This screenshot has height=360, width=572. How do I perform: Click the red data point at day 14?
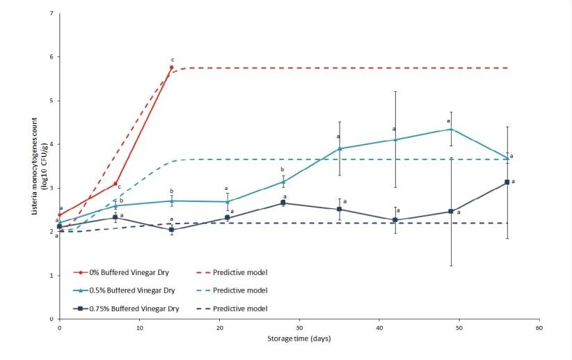pos(171,68)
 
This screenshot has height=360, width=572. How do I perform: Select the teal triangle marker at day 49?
pos(451,129)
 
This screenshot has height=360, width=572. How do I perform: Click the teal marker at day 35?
pos(339,148)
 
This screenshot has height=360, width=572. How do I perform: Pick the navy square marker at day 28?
pos(283,203)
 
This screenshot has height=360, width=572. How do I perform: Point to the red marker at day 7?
pos(116,183)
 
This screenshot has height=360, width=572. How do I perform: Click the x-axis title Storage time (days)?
pos(299,339)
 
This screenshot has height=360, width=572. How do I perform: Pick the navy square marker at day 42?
pos(395,220)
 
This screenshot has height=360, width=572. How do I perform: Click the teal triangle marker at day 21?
pos(228,202)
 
